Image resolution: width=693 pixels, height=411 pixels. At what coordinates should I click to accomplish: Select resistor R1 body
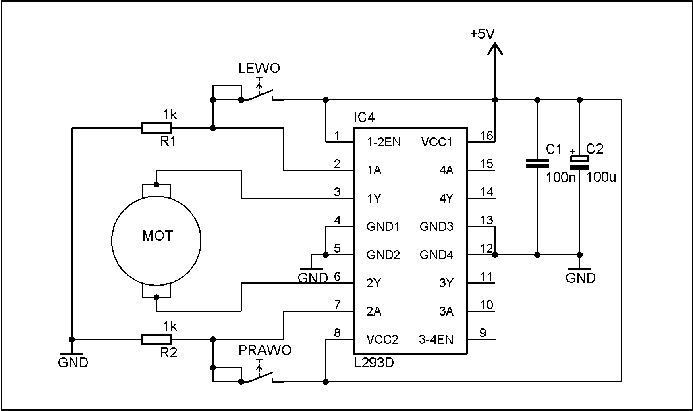click(156, 128)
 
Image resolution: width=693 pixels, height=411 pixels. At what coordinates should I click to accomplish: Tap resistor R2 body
click(156, 339)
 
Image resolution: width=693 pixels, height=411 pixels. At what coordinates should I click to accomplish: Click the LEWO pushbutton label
click(259, 68)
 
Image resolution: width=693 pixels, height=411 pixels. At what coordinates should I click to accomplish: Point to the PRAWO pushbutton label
click(265, 350)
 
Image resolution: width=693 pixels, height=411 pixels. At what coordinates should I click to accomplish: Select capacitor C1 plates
click(537, 163)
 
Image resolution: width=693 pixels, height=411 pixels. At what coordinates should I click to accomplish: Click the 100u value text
click(601, 177)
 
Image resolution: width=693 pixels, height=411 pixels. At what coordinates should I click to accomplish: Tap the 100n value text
click(560, 177)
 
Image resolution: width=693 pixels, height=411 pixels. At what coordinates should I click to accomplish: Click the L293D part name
click(374, 363)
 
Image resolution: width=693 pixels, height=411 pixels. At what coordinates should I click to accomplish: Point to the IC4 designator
click(364, 117)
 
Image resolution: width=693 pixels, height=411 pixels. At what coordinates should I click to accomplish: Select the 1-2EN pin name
click(384, 142)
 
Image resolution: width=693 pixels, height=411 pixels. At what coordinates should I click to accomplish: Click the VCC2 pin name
click(382, 340)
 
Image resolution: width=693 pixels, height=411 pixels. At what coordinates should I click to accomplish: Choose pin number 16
click(486, 135)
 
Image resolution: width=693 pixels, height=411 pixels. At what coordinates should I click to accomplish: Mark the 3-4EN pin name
click(436, 340)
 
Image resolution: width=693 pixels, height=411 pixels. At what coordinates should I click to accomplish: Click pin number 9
click(483, 333)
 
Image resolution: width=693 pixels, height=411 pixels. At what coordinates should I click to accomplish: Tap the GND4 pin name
click(437, 255)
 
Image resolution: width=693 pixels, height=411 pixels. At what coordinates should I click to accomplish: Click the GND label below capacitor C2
click(581, 278)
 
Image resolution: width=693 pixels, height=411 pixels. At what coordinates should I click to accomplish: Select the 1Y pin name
click(374, 199)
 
